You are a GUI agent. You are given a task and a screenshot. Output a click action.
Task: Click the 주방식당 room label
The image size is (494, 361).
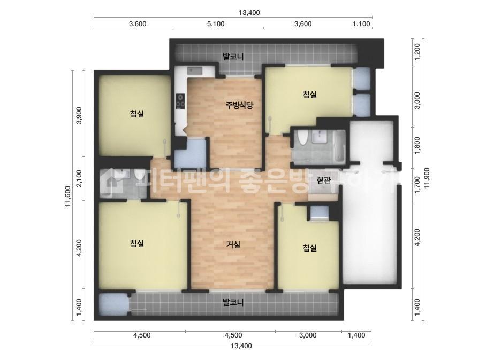(239, 105)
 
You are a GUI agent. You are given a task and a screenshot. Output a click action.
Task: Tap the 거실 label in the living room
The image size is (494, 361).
(233, 245)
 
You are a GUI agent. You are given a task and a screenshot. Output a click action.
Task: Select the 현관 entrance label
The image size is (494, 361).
(324, 180)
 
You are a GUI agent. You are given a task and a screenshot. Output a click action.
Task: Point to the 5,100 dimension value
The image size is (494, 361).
(216, 24)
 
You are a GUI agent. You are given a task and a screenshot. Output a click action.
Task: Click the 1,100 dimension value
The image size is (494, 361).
(361, 24)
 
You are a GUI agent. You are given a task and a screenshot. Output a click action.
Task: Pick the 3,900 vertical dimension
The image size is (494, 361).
(79, 115)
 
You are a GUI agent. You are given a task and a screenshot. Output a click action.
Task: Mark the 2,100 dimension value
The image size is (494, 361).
(79, 178)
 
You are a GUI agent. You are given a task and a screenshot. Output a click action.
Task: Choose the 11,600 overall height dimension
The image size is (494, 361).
(68, 195)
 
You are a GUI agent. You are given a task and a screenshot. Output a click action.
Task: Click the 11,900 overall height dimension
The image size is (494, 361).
(428, 178)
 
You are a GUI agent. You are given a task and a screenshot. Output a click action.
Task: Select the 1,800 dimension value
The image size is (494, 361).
(417, 145)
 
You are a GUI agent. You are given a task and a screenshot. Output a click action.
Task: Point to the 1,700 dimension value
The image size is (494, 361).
(417, 185)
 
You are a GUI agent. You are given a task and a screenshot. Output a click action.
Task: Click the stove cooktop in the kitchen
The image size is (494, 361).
(180, 101)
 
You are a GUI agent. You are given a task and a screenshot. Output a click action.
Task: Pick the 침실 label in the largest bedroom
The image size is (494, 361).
(137, 243)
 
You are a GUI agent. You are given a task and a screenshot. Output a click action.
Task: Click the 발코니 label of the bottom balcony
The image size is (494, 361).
(233, 303)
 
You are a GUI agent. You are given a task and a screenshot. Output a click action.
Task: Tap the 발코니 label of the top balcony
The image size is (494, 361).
(233, 57)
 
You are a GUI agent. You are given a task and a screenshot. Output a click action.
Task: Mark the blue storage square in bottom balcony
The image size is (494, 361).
(114, 304)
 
